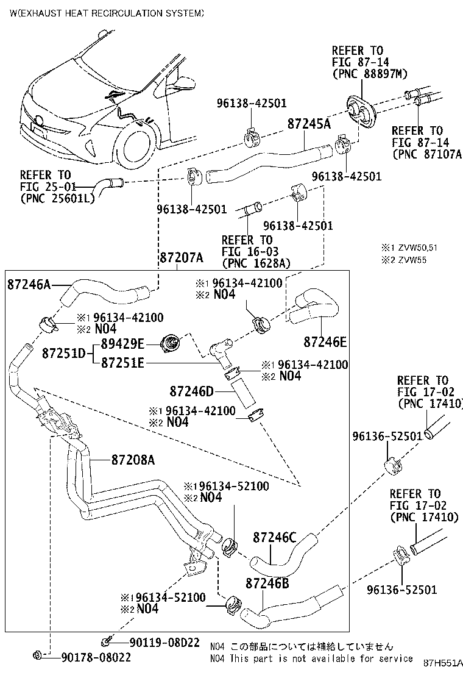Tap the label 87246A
click(x=29, y=284)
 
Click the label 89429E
click(x=122, y=344)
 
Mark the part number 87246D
click(x=192, y=390)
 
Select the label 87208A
click(x=133, y=459)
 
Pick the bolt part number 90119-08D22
click(x=164, y=642)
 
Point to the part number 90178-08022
click(x=96, y=657)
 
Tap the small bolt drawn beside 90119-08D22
click(x=107, y=641)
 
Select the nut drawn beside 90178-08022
click(x=38, y=656)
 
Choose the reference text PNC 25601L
click(x=57, y=198)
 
